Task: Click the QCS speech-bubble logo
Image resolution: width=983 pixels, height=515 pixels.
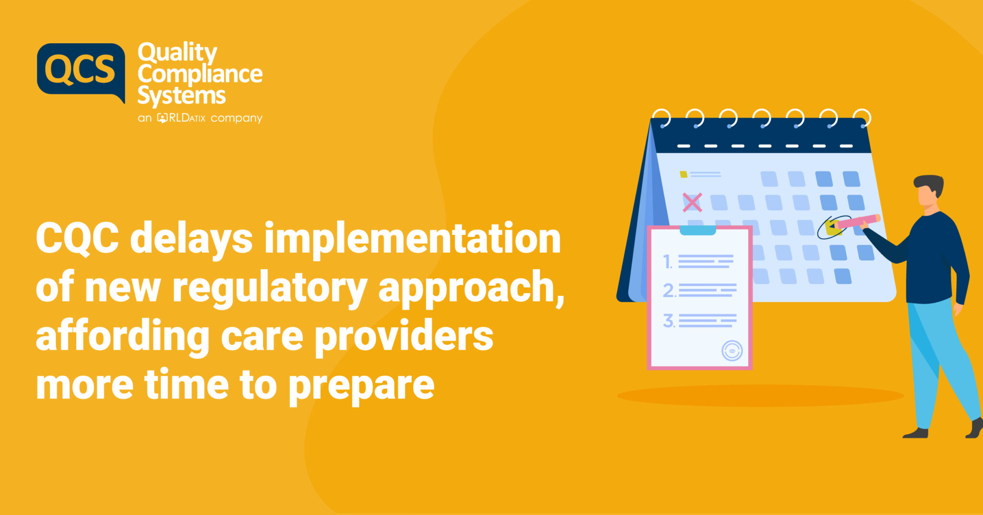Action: [x=81, y=70]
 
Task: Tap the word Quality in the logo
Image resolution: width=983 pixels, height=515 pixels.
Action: [x=177, y=52]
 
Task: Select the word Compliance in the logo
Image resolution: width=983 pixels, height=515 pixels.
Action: [x=200, y=74]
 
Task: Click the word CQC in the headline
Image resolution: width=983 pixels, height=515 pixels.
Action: [x=77, y=238]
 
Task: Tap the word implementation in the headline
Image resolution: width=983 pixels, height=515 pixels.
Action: [x=412, y=238]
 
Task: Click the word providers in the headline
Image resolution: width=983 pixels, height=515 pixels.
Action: [x=404, y=336]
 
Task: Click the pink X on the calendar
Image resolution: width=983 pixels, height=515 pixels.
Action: [x=692, y=202]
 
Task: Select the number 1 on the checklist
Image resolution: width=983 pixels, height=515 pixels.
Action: [x=667, y=262]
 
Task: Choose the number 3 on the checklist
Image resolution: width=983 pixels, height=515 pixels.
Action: [x=669, y=320]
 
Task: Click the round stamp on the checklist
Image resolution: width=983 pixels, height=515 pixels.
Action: [x=732, y=351]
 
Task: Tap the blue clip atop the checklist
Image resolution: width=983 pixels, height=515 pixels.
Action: [x=697, y=230]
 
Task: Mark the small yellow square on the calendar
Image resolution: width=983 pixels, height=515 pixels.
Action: [x=683, y=174]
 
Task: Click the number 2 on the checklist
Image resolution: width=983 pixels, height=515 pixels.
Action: [x=669, y=291]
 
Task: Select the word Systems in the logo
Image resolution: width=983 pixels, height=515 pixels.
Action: [x=181, y=96]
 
